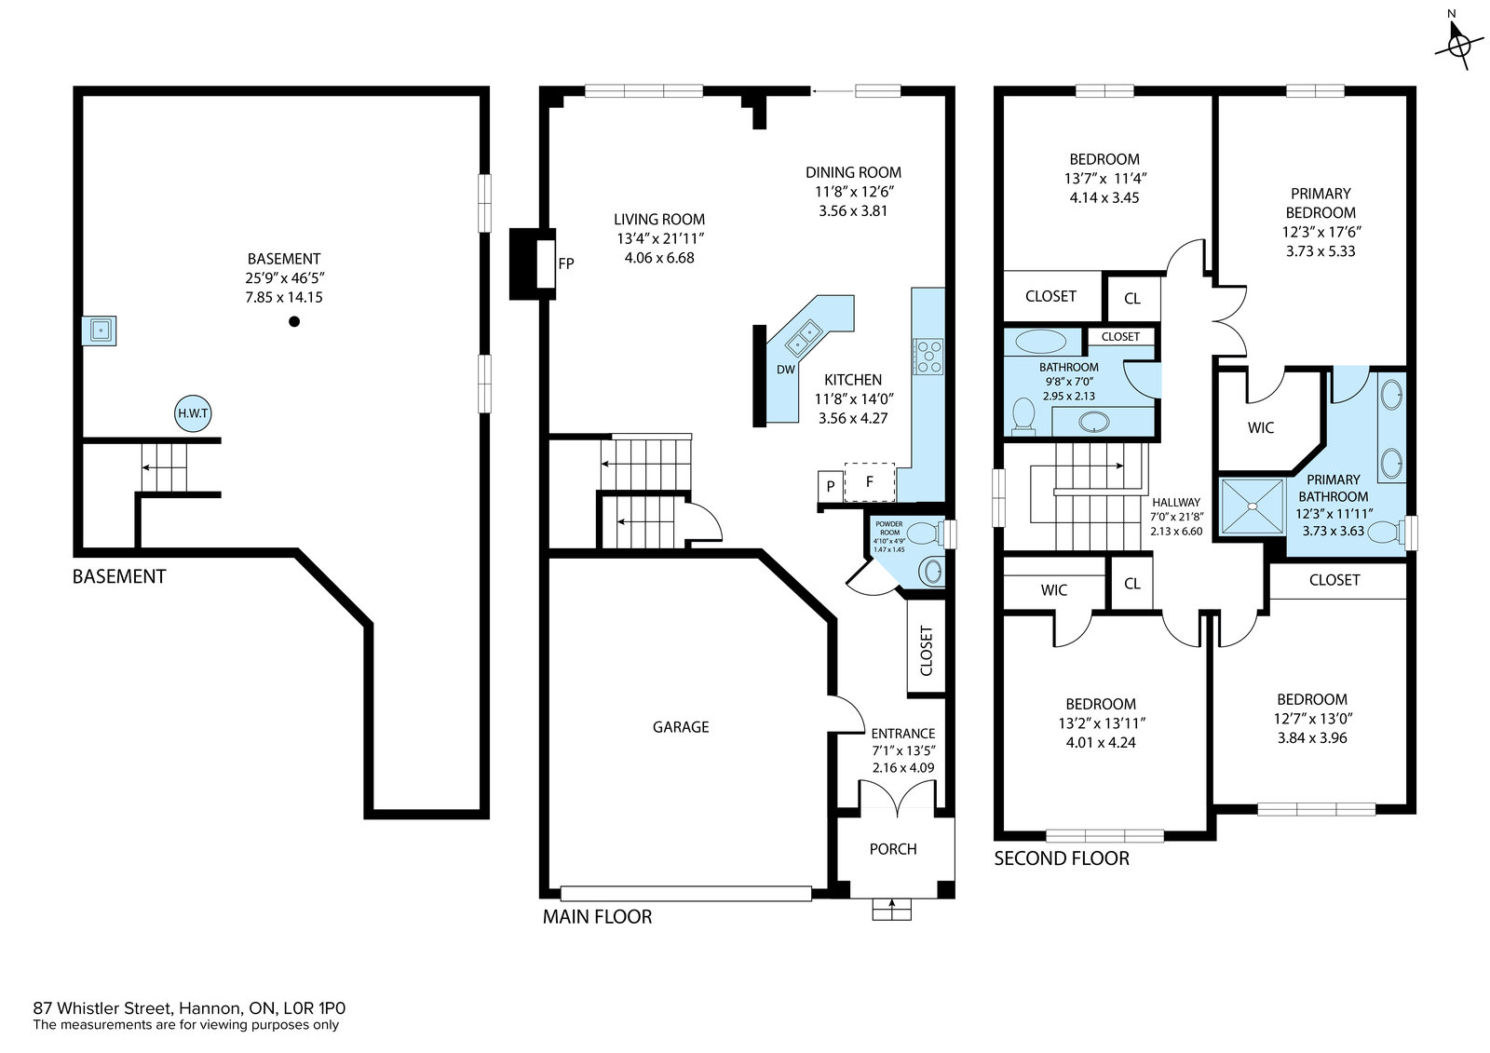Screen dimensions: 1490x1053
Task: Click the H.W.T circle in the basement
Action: (x=193, y=413)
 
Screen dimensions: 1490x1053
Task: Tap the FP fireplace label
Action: (x=566, y=263)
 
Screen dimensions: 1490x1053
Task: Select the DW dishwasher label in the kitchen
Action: (x=786, y=370)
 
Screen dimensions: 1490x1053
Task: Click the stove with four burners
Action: (x=928, y=357)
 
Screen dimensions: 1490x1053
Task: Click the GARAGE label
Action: (x=681, y=727)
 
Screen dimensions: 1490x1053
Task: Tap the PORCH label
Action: (x=893, y=849)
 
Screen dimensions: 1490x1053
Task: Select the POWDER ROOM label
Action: (x=888, y=528)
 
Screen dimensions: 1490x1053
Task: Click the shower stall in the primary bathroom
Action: (x=1252, y=506)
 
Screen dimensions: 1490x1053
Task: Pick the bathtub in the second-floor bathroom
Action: (x=1040, y=342)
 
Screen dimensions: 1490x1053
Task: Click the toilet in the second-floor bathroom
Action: (x=1023, y=416)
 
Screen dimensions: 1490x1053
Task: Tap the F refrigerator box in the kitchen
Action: (x=870, y=481)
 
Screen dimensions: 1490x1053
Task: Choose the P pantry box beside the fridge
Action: (x=830, y=486)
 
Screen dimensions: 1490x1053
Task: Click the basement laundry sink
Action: (x=99, y=330)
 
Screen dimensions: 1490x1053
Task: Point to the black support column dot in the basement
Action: (x=294, y=321)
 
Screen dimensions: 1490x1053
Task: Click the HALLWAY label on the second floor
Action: (x=1176, y=502)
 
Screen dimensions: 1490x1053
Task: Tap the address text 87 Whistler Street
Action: (x=103, y=1007)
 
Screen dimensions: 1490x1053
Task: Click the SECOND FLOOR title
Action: (x=1062, y=858)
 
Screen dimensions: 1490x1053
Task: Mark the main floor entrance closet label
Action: (x=926, y=651)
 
